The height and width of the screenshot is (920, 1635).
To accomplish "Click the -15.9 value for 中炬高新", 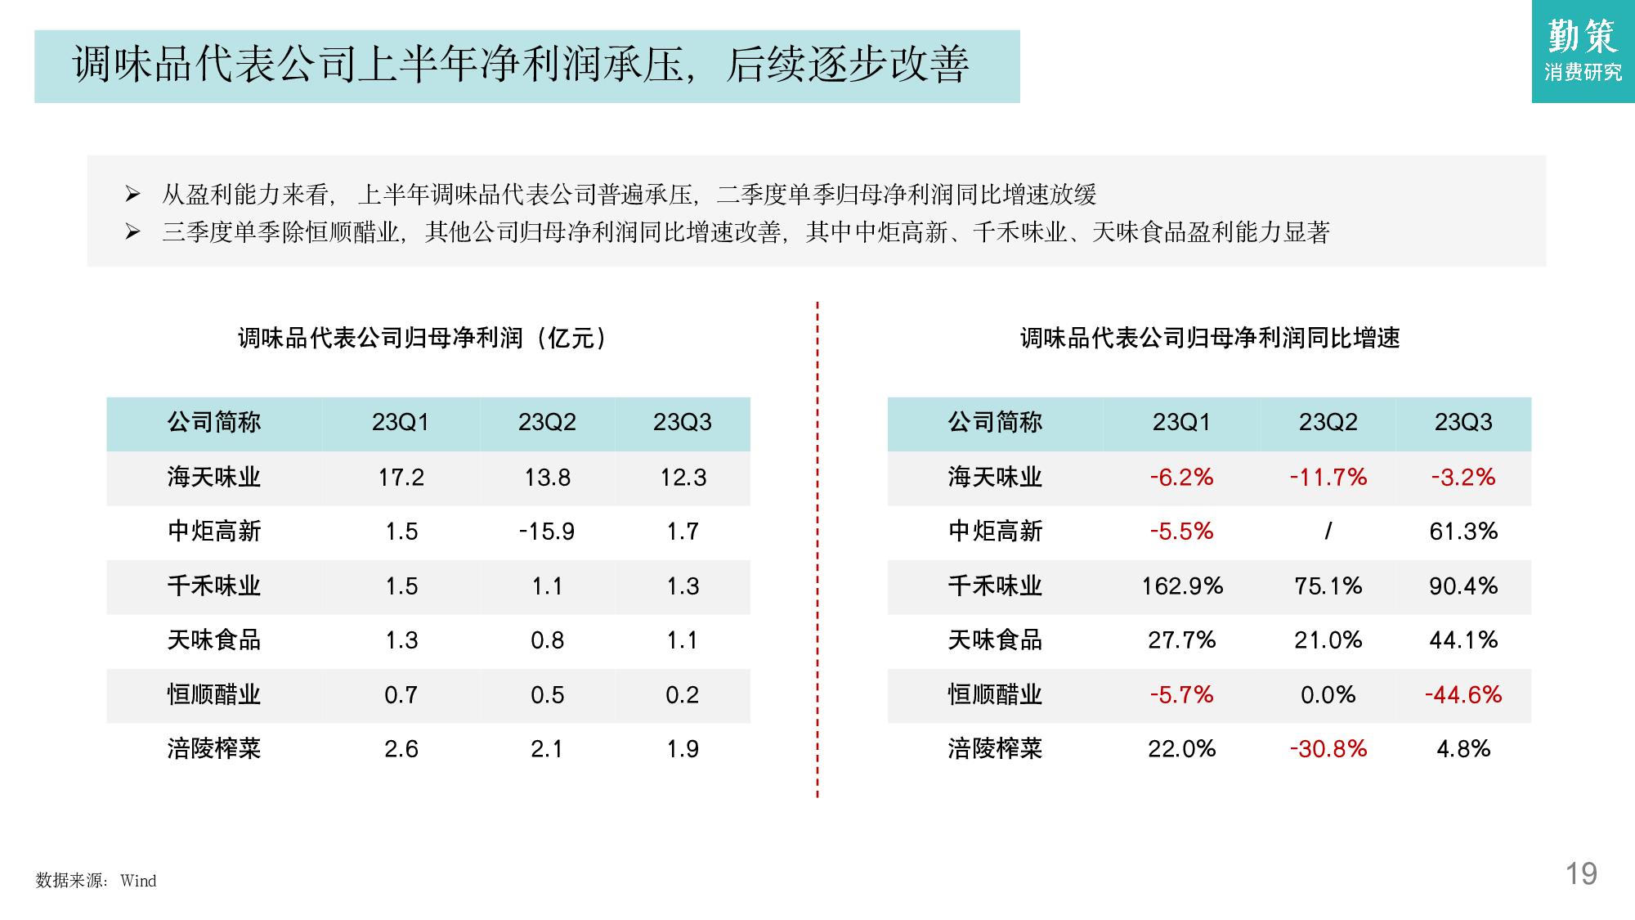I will click(x=547, y=532).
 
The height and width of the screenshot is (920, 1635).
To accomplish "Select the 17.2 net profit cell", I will click(x=401, y=478).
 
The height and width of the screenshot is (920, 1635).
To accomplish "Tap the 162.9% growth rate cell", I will click(x=1181, y=586).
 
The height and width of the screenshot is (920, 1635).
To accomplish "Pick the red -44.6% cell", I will click(x=1463, y=695).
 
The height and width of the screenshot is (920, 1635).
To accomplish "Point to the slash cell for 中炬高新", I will click(x=1328, y=532).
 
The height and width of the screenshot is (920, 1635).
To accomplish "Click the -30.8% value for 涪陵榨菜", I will click(x=1328, y=749).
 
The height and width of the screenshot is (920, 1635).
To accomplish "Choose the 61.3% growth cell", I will click(x=1463, y=532).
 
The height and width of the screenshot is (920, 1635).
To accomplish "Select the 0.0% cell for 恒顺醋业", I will click(x=1328, y=695).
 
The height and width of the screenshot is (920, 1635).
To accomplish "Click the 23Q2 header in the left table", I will click(x=547, y=423).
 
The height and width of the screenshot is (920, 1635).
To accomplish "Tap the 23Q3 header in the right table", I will click(x=1463, y=423).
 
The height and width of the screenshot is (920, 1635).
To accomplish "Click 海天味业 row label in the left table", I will click(x=214, y=478).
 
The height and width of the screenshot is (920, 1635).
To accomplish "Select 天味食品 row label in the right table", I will click(x=995, y=640).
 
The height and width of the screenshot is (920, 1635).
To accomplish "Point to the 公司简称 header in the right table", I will click(x=995, y=423).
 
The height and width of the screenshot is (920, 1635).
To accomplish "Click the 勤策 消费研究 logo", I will click(x=1583, y=51).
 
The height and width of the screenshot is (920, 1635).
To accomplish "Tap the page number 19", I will click(x=1581, y=874).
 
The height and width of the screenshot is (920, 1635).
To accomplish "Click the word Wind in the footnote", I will click(x=138, y=881).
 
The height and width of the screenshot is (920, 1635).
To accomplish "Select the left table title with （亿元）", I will click(x=423, y=338).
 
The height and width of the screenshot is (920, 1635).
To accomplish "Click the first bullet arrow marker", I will click(x=132, y=194).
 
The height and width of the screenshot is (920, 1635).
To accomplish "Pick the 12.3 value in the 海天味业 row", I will click(x=683, y=478).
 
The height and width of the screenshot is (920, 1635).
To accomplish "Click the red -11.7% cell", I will click(x=1328, y=478).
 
